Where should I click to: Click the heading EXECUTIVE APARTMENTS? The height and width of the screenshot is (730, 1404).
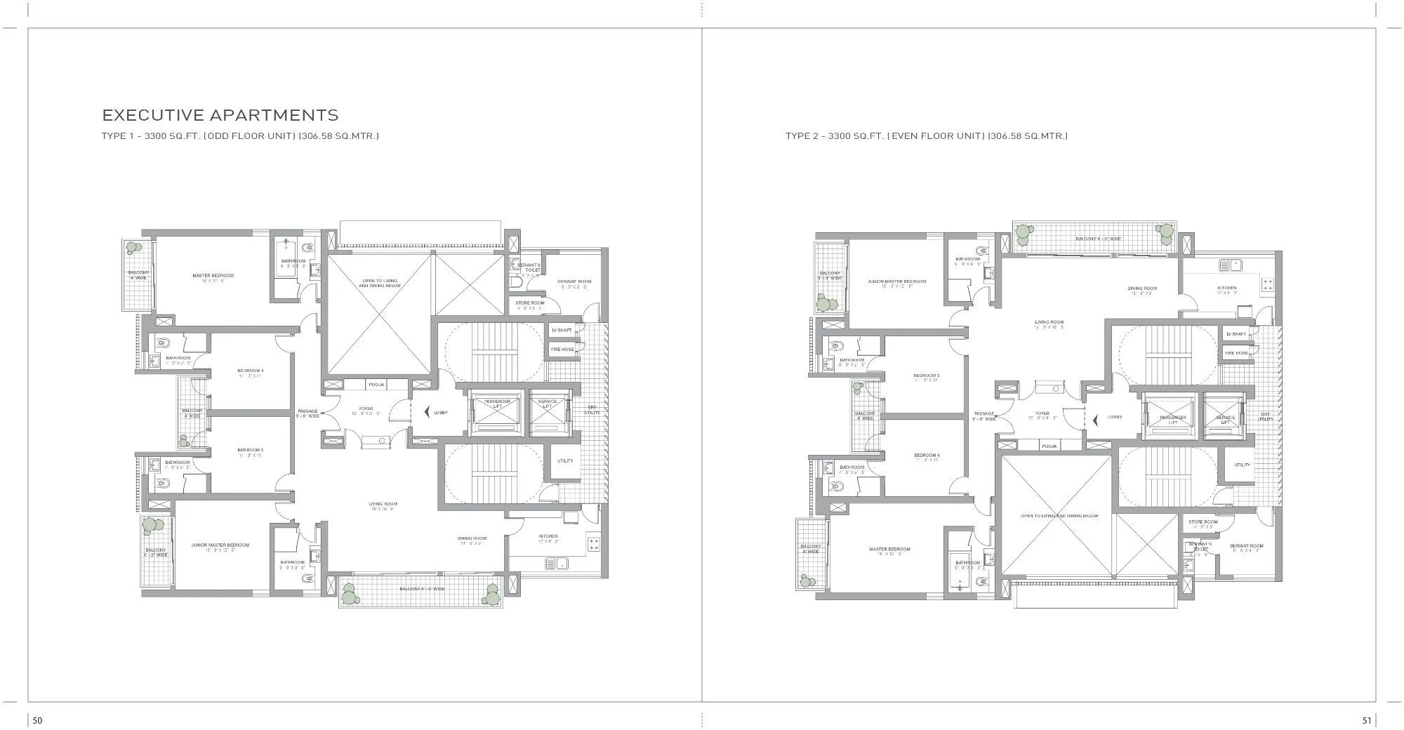pyautogui.click(x=220, y=115)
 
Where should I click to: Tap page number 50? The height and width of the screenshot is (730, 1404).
pyautogui.click(x=38, y=720)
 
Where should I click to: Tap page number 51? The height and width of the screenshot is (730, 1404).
pyautogui.click(x=1366, y=720)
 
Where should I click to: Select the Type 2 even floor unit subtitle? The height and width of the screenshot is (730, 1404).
pyautogui.click(x=927, y=136)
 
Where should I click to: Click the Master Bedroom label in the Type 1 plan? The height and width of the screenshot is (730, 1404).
pyautogui.click(x=213, y=276)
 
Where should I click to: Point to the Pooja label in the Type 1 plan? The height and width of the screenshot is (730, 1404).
pyautogui.click(x=376, y=385)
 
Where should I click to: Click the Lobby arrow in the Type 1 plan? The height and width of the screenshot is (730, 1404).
pyautogui.click(x=426, y=413)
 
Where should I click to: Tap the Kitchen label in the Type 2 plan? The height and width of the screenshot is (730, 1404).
pyautogui.click(x=1227, y=288)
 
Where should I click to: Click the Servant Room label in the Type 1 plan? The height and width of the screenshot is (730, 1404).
pyautogui.click(x=574, y=281)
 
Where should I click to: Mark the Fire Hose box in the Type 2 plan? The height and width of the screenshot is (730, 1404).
pyautogui.click(x=1236, y=353)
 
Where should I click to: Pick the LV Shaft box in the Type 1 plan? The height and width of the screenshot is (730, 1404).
pyautogui.click(x=562, y=330)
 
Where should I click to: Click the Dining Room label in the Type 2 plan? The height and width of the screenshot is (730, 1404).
pyautogui.click(x=1142, y=288)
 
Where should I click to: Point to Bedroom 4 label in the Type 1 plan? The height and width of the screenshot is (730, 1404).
pyautogui.click(x=250, y=371)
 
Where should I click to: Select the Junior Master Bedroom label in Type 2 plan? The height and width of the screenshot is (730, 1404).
pyautogui.click(x=896, y=281)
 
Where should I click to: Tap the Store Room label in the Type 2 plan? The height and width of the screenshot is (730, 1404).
pyautogui.click(x=1203, y=522)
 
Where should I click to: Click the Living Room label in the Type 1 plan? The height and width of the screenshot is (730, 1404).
pyautogui.click(x=383, y=504)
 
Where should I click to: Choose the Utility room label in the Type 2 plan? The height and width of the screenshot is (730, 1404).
pyautogui.click(x=1242, y=465)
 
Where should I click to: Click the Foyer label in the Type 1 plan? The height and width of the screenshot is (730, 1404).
pyautogui.click(x=366, y=409)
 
